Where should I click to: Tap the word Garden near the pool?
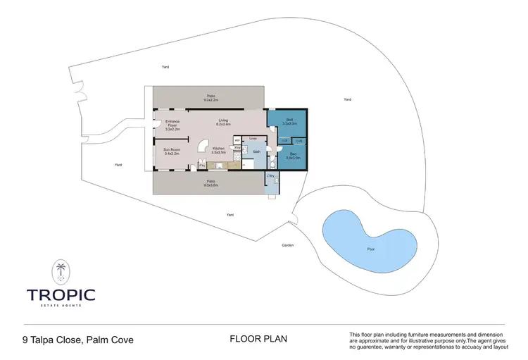click(x=287, y=245)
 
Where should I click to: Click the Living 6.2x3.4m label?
click(x=223, y=122)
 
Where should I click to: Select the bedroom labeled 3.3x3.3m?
click(x=289, y=121)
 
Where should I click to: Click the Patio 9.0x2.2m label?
click(x=210, y=97)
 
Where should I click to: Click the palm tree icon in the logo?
click(x=61, y=271)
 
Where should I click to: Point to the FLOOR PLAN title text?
click(x=258, y=339)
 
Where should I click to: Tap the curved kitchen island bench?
click(x=201, y=146)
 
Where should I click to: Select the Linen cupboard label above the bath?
click(x=253, y=139)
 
